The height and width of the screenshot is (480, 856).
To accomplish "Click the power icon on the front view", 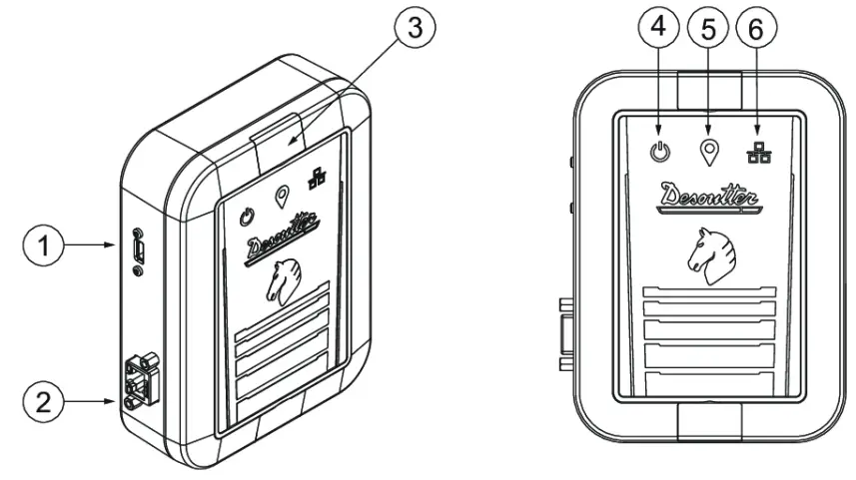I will pos(659,155).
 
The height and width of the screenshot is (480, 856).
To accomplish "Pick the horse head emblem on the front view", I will pos(707,251).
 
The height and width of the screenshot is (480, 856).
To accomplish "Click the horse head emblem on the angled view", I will pos(285,278).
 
